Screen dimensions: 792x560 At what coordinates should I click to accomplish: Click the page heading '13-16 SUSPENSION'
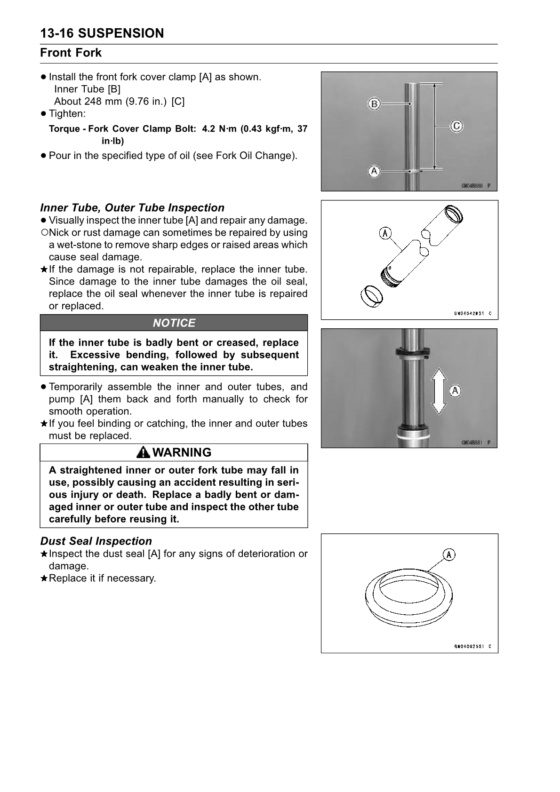pos(102,33)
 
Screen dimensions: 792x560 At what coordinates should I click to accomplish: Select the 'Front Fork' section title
pos(71,53)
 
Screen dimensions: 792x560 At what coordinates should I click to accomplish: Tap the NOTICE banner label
pos(174,323)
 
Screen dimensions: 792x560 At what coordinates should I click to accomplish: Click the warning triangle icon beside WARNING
pos(144,452)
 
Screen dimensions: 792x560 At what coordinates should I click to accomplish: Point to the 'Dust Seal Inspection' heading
pos(96,541)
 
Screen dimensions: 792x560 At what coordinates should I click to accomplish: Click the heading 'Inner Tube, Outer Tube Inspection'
pos(132,208)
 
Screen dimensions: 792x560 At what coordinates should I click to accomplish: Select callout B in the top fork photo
pos(374,103)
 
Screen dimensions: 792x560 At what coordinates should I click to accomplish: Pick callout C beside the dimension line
pos(456,126)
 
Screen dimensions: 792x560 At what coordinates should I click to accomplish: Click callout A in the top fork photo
pos(374,171)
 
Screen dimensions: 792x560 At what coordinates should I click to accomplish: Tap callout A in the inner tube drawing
pos(385,233)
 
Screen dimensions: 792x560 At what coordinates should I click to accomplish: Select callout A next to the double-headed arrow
pos(455,391)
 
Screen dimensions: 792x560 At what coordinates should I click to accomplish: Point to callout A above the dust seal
pos(449,555)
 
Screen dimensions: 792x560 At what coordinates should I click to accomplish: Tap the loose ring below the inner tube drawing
pos(371,297)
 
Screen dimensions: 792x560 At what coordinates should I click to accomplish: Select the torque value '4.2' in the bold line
pos(208,129)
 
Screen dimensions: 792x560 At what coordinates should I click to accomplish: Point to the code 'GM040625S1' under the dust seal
pos(469,646)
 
